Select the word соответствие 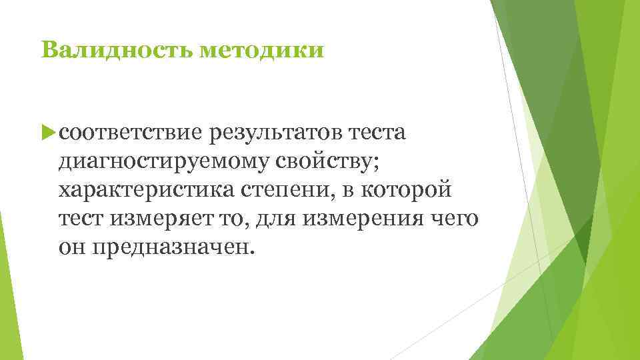tap(129, 132)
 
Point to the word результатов tap(275, 132)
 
